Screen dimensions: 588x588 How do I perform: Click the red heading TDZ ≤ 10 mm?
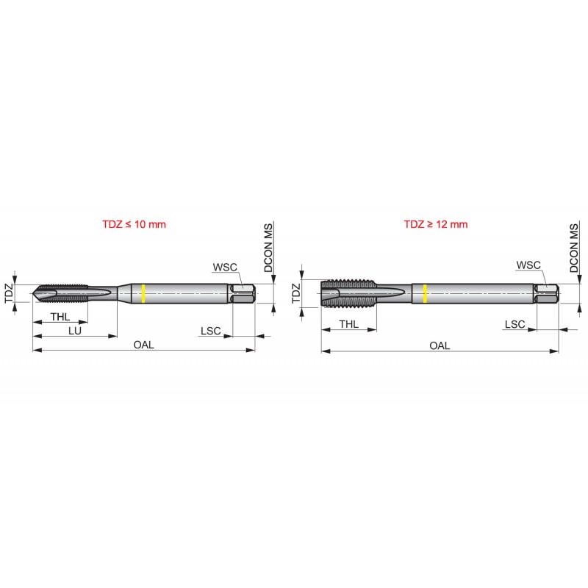tap(134, 224)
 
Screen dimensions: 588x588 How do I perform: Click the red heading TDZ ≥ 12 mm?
tap(436, 224)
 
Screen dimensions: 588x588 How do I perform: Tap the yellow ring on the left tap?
tap(143, 293)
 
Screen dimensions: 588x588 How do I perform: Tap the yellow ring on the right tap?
tap(425, 293)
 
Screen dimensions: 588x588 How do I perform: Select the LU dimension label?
tap(75, 331)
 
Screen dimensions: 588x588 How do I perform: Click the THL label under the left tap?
tap(60, 317)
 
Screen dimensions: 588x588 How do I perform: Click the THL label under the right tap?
tap(348, 324)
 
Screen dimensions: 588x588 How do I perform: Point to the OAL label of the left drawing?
tap(143, 345)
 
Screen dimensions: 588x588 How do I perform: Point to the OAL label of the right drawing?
tap(440, 345)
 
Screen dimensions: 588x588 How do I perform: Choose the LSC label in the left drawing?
tap(211, 331)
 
